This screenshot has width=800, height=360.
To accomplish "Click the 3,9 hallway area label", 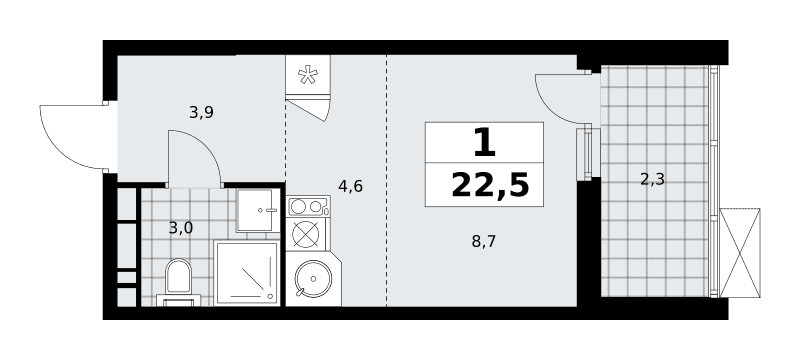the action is tap(201, 113).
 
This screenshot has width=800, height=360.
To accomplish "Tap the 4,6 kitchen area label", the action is tap(350, 187).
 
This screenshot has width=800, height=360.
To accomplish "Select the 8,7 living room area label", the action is tap(484, 241).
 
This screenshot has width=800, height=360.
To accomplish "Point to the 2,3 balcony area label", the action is tap(652, 179).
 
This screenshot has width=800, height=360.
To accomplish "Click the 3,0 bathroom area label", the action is tap(181, 228).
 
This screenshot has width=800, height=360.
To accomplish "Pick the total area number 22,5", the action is tap(490, 185).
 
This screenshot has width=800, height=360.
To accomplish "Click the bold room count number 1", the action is tap(484, 142).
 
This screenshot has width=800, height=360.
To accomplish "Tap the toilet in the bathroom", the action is tap(178, 282).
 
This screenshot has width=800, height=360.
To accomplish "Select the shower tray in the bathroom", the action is tap(247, 273).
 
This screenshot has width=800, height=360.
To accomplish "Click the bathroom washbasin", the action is tap(258, 210).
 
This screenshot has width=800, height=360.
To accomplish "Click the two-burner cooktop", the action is tap(308, 207).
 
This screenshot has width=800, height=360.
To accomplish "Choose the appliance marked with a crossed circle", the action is tap(306, 234).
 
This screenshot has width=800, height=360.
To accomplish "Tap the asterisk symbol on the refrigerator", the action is tap(308, 75).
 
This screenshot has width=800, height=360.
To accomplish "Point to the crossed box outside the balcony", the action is tap(740, 252).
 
